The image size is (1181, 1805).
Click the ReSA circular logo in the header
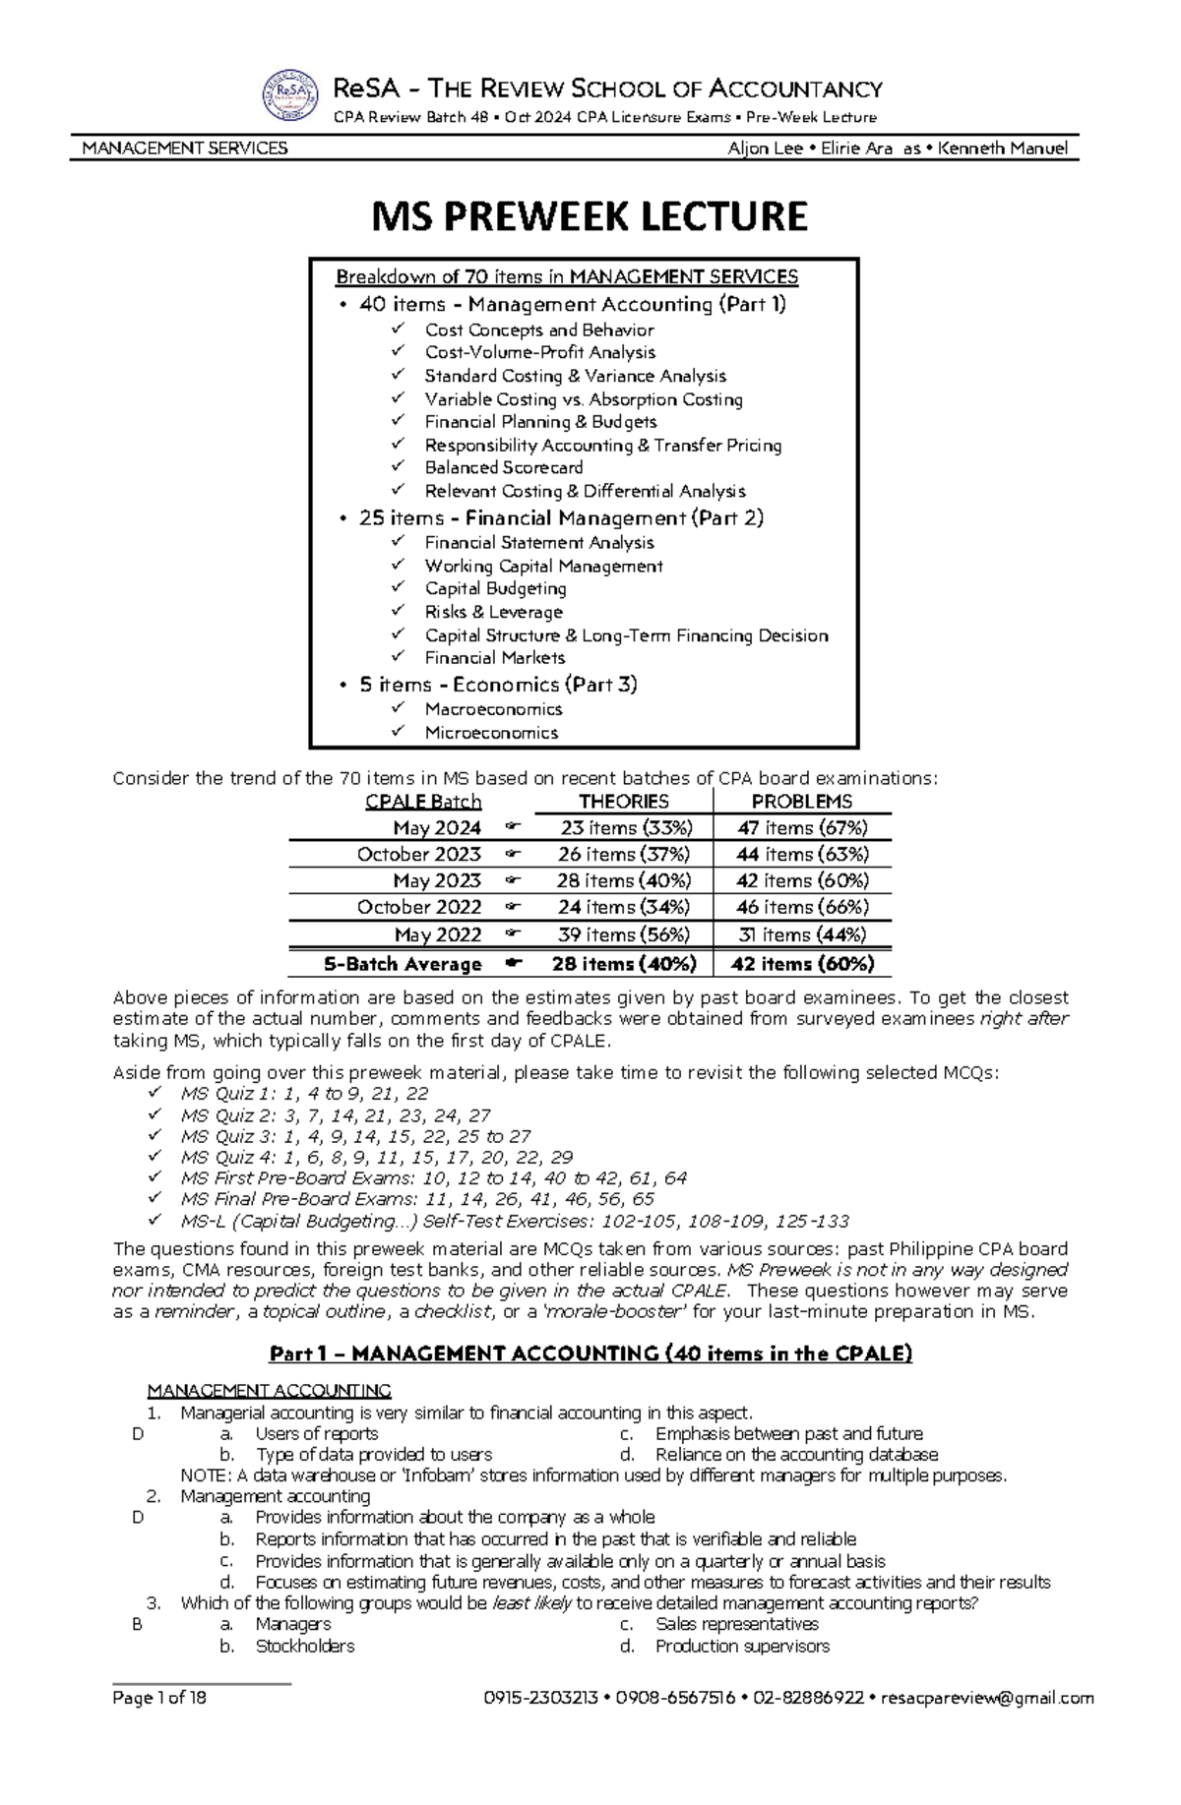pos(289,98)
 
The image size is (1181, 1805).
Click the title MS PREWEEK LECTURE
pos(589,216)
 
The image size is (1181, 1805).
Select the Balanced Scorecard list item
pos(503,467)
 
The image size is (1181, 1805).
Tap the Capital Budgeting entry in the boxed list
pos(495,588)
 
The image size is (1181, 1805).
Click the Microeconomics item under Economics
pos(491,732)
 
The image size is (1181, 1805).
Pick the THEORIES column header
pos(623,801)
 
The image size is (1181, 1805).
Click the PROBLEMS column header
pos(801,801)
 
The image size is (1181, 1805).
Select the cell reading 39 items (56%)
pos(624,934)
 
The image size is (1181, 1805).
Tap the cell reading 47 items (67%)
pos(801,828)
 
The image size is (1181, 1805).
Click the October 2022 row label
pos(419,907)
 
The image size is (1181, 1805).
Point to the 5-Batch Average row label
pos(404,964)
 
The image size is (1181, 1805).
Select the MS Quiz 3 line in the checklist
pos(355,1136)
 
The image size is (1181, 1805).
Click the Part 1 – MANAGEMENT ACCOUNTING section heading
pos(590,1354)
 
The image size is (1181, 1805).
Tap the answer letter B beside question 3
pos(137,1625)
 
